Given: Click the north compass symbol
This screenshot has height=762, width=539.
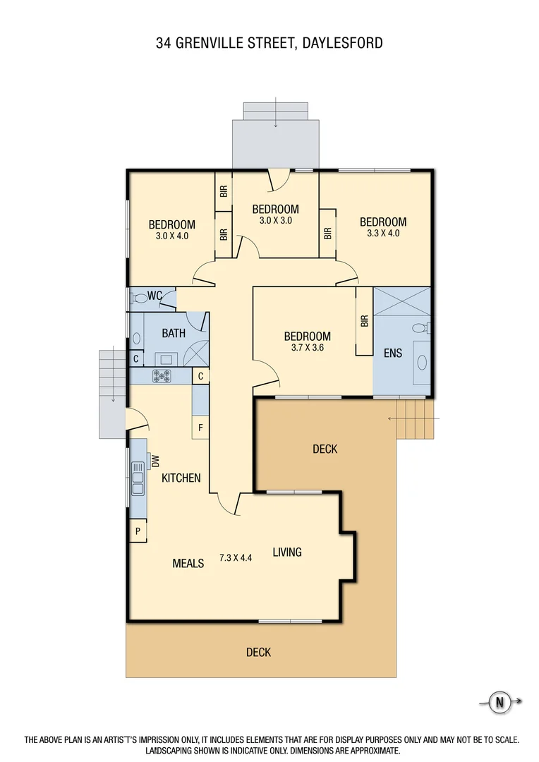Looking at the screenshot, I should coord(500,702).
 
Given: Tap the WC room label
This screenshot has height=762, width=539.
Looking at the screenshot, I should coord(155,295).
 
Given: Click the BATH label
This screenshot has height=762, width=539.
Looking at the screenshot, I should coord(174,333).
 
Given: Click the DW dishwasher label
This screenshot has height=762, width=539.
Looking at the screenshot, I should coord(157,461).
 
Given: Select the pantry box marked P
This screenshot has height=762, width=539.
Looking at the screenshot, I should coord(137,531).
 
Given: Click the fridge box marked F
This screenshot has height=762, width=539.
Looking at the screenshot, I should coord(200,428).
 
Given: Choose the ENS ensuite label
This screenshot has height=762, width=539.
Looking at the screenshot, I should coord(393,352).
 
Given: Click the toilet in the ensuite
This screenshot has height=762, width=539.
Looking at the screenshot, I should coord(420,327).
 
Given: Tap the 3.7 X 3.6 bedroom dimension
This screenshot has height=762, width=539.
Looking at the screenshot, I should coord(307,347).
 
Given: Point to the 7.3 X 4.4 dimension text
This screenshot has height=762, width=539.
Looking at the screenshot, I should coord(236,557).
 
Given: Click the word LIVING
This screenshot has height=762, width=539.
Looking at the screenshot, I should coord(287,552).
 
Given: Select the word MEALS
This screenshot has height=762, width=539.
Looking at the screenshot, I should coord(188,563).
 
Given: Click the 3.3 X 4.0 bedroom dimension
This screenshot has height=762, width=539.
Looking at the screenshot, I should coord(382,233).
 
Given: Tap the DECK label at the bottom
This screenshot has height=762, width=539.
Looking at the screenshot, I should coord(258,653).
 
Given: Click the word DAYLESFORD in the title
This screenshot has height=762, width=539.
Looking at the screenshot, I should coord(342,43).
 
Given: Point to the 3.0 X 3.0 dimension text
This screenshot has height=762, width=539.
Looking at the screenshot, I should coord(275,220).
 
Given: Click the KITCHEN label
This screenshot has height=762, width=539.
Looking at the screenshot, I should coord(181,478).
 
